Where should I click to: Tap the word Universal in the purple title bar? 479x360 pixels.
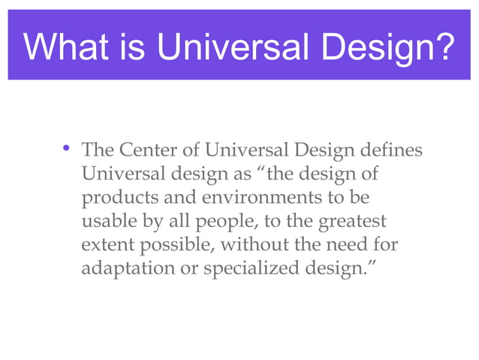tap(229, 48)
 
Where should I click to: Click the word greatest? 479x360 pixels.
tap(353, 223)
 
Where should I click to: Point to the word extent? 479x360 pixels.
tap(104, 246)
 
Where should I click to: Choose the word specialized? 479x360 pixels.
tap(234, 269)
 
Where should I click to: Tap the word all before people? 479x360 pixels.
tap(172, 222)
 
